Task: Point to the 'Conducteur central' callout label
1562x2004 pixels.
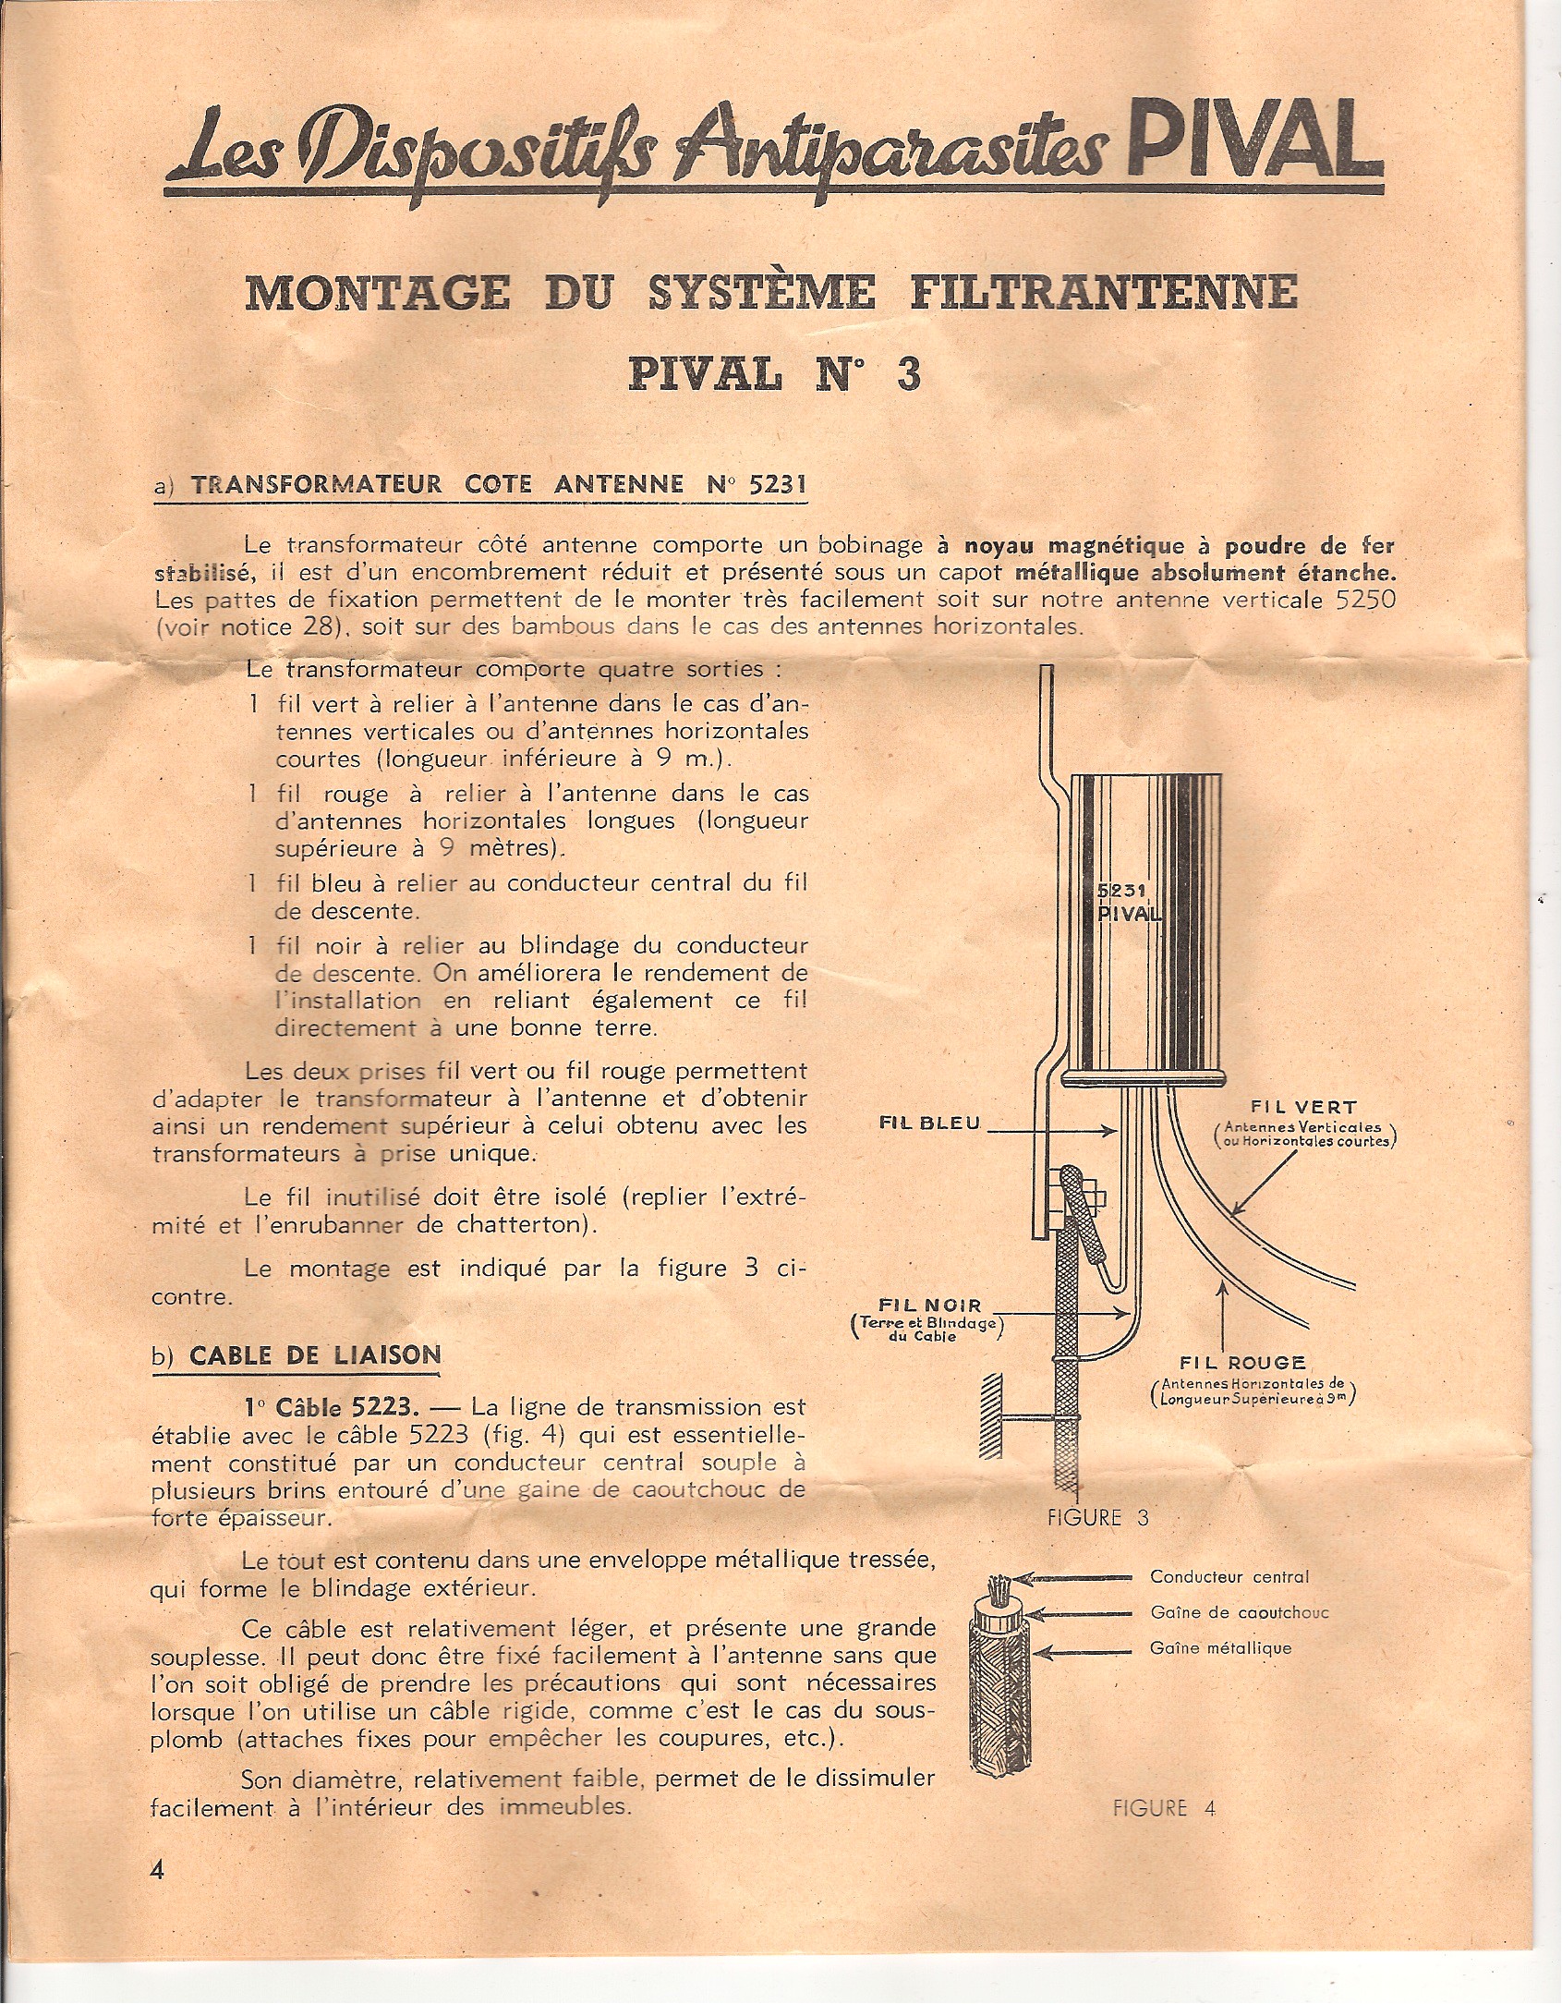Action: [x=1229, y=1577]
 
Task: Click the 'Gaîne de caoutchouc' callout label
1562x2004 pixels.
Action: [x=1239, y=1613]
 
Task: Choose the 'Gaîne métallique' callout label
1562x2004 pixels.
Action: [x=1220, y=1648]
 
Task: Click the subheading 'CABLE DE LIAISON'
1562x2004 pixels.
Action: [x=314, y=1355]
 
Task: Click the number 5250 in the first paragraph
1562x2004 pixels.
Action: [x=1365, y=599]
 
